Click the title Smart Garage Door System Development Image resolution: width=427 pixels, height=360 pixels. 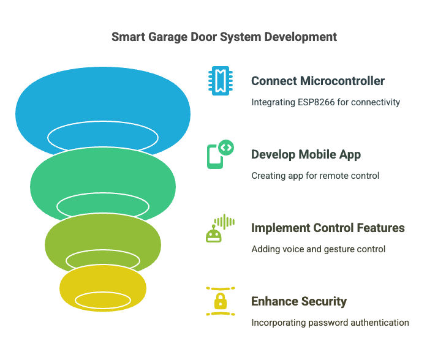(x=224, y=37)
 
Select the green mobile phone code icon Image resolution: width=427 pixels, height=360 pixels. (x=219, y=155)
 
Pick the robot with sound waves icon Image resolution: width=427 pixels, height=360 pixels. (x=219, y=228)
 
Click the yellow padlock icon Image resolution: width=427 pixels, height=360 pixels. (x=219, y=301)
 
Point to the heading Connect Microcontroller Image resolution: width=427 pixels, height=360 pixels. (x=318, y=81)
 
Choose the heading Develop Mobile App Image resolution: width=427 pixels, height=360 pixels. (x=306, y=154)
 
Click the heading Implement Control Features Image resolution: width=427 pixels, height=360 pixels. (x=328, y=228)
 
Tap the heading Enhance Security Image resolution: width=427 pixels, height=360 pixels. (x=299, y=301)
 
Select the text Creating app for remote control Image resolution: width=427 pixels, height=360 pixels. (x=315, y=176)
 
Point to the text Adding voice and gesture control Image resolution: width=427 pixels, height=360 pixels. (x=318, y=249)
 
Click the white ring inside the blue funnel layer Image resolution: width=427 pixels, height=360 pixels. (x=102, y=137)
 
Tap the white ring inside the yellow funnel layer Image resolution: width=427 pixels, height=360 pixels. (x=103, y=300)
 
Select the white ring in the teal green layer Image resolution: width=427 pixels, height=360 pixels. (x=102, y=206)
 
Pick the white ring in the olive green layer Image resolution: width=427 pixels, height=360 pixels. (x=103, y=260)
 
